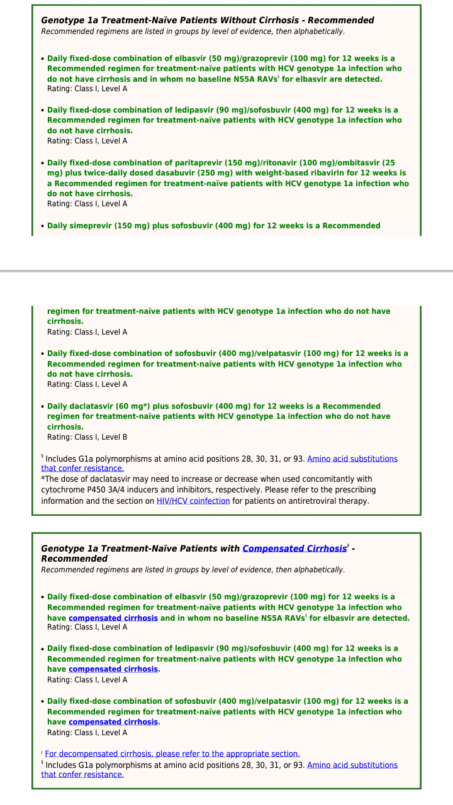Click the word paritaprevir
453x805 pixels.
189,163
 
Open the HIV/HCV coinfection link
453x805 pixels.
193,501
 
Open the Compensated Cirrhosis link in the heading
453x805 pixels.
294,548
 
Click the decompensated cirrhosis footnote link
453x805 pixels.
172,753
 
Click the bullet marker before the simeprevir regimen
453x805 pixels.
42,226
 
